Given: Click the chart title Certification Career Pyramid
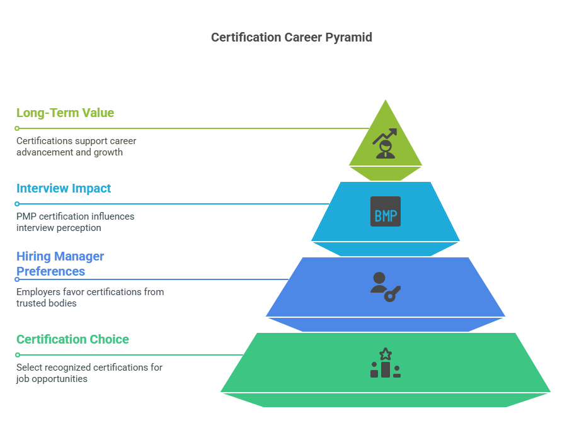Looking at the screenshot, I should (292, 37).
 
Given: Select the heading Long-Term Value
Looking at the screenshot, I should (65, 113).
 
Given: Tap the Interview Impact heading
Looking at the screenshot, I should (64, 188).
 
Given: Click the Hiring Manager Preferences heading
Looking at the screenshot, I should (60, 264).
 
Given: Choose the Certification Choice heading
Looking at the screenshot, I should (72, 339).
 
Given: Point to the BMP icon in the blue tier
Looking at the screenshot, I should (385, 211).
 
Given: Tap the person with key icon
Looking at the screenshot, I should (385, 287).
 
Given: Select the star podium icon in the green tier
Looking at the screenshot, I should (385, 363).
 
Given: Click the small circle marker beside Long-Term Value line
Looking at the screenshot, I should (17, 128).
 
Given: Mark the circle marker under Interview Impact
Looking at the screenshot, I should (17, 204).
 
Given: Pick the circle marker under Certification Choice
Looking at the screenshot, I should (17, 355).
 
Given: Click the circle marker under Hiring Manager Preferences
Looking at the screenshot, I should (17, 279).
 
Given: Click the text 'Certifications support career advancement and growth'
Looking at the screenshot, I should (76, 147).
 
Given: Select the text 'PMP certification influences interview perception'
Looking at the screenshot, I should (75, 222).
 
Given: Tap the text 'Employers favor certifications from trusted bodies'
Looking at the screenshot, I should (89, 298).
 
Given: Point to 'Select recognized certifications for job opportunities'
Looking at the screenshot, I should (89, 373).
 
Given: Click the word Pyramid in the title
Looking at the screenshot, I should (349, 37).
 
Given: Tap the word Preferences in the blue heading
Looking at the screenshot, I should (50, 271).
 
